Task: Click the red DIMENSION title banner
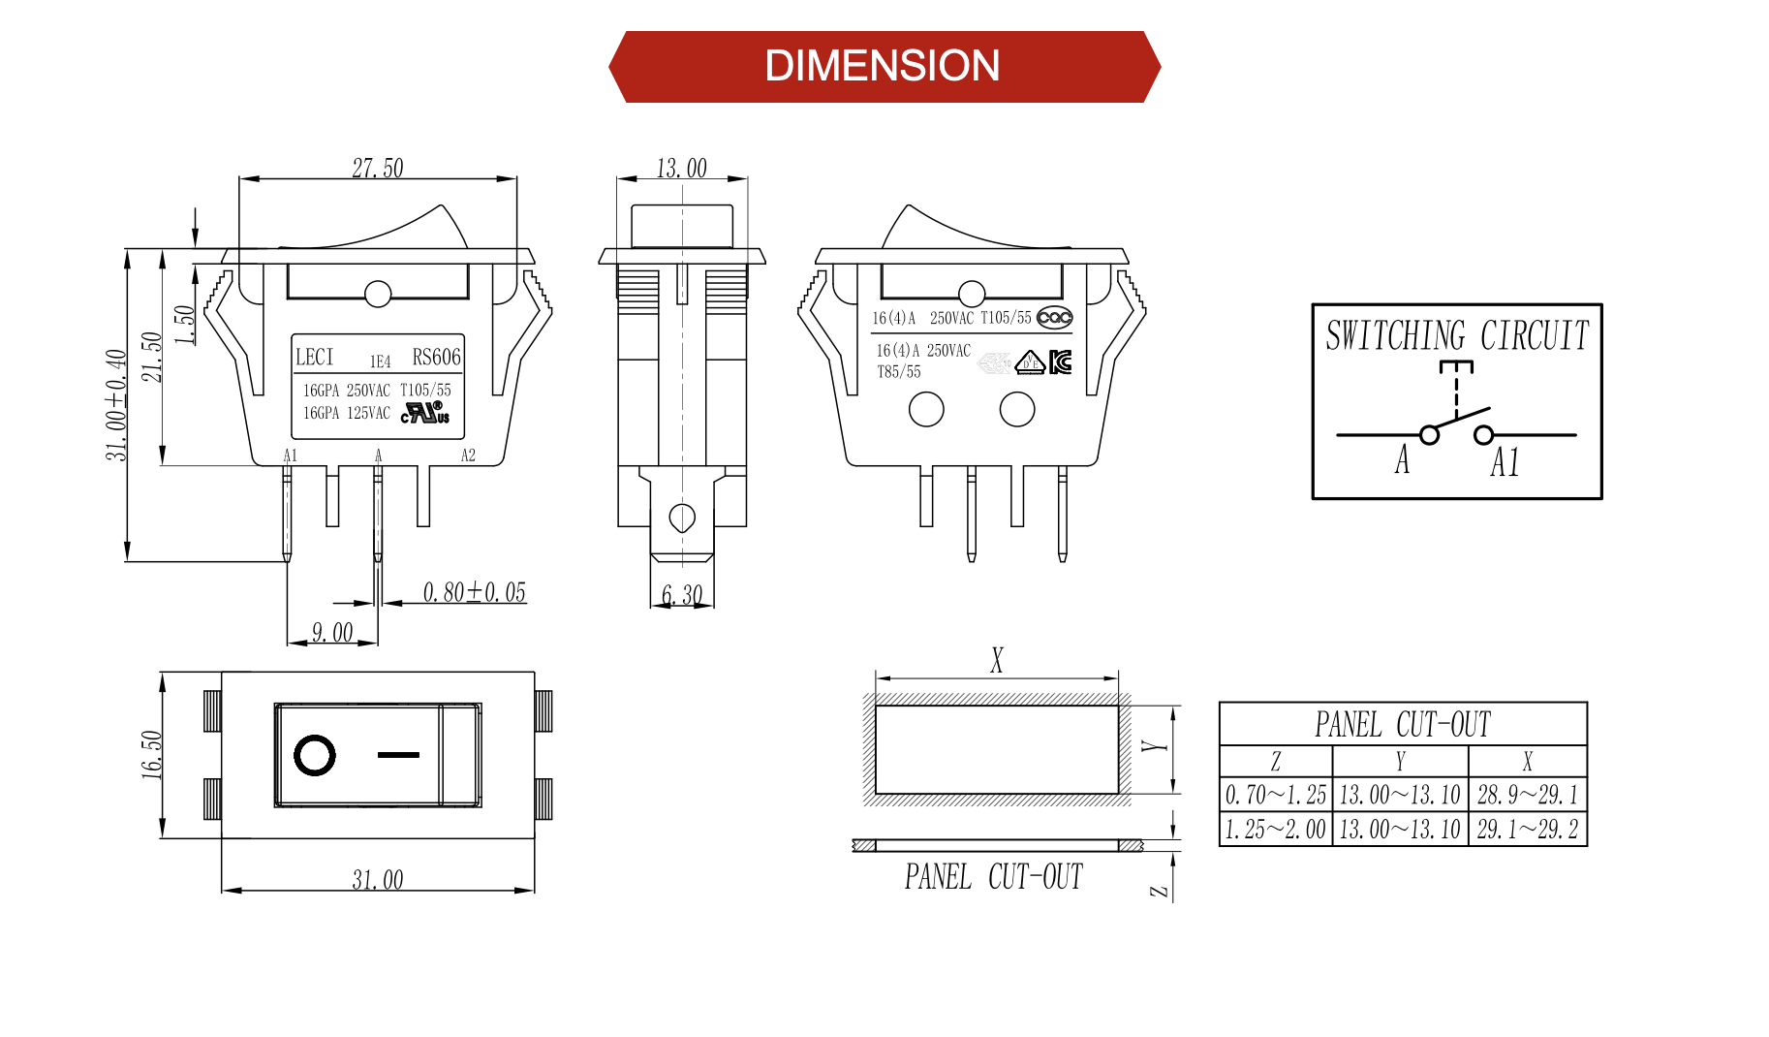point(883,67)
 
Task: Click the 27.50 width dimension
point(377,169)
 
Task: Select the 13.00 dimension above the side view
point(681,169)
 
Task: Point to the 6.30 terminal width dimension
point(681,594)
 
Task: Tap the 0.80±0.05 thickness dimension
point(474,592)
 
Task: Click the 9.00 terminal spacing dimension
point(331,633)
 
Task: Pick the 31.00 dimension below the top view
point(377,880)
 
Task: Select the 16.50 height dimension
point(151,754)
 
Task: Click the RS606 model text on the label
point(436,357)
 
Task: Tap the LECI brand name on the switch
point(314,357)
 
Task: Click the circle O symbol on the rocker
point(315,755)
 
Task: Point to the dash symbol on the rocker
point(398,754)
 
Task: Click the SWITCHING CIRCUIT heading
point(1457,336)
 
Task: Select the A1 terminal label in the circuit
point(1505,462)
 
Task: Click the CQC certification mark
point(1054,318)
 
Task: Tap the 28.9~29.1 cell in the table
point(1527,796)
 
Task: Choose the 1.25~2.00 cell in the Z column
point(1275,830)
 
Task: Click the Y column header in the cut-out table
point(1400,762)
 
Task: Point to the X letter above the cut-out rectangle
point(997,661)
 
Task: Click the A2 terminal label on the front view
point(468,456)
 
